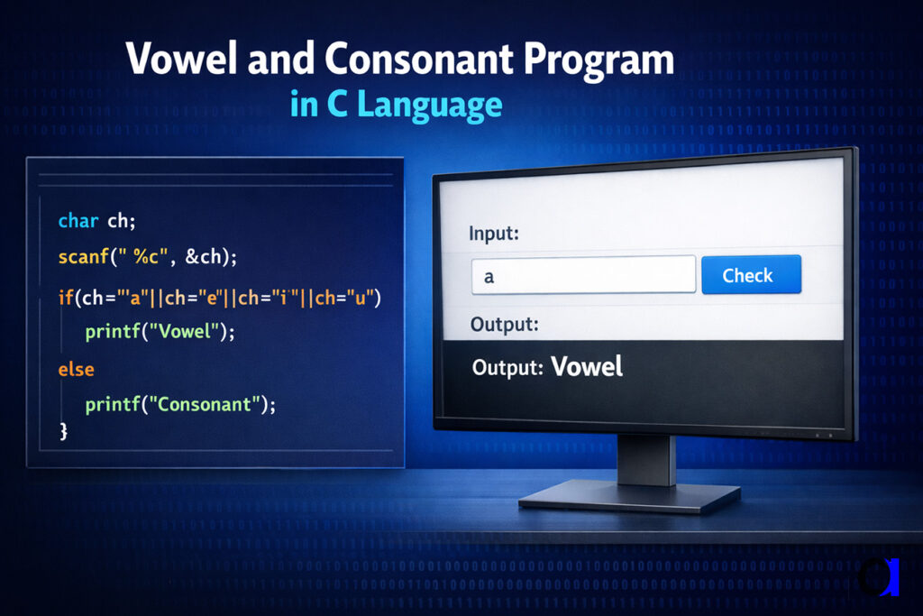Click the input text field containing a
(583, 276)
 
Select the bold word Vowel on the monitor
(587, 366)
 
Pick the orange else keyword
(76, 369)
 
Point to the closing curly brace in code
(63, 432)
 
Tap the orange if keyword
(65, 297)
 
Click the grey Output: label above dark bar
(505, 324)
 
